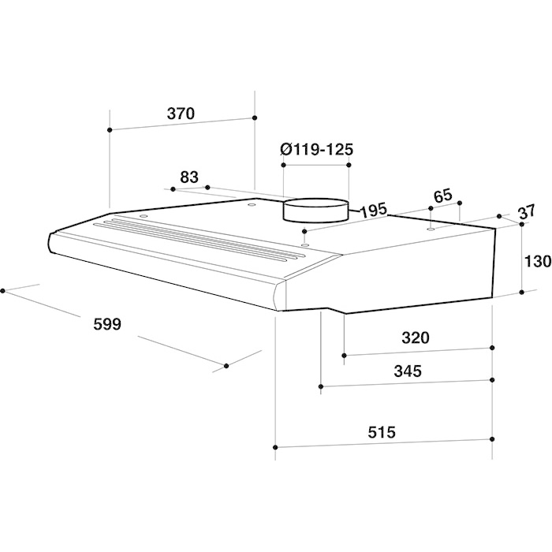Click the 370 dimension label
pos(181,114)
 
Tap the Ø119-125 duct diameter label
pos(316,150)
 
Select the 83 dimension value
pos(189,177)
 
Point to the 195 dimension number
pos(373,211)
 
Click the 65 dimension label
pos(442,196)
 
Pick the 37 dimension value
pos(526,211)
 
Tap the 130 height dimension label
pos(538,262)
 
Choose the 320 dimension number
pos(416,338)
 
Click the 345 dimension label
pos(408,371)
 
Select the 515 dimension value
pos(382,432)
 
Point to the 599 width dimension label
pos(107,324)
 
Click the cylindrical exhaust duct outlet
pos(316,211)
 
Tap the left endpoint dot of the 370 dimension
pos(110,130)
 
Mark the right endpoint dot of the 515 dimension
pos(492,439)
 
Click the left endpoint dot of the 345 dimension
pos(321,386)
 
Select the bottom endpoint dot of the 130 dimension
pos(522,293)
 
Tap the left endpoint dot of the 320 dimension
pos(345,355)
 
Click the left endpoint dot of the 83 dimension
pos(173,189)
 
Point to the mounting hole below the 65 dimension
pos(431,229)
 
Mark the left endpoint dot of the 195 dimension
pos(304,231)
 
